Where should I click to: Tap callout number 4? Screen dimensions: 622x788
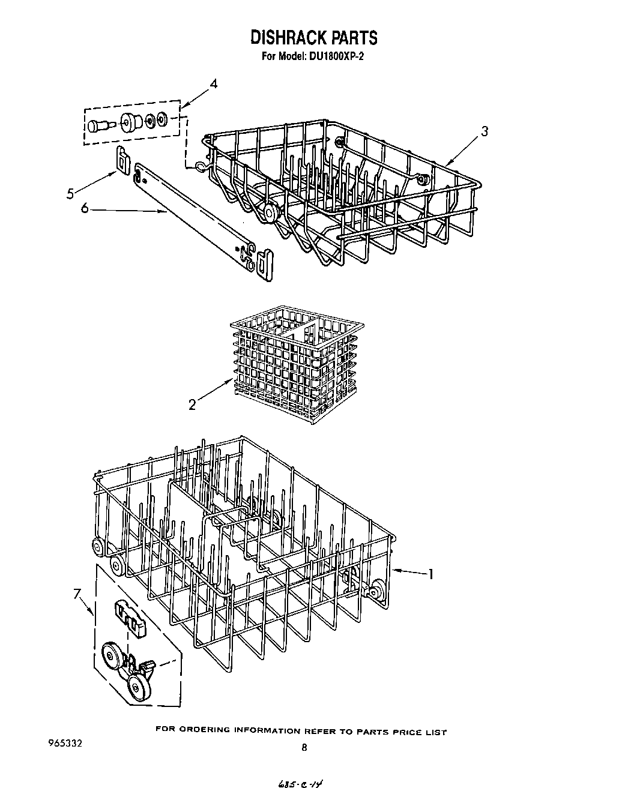pos(214,84)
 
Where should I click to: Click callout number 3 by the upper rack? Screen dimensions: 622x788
pos(485,132)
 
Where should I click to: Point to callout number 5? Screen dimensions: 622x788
pos(70,193)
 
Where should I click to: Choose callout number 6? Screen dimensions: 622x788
pos(85,208)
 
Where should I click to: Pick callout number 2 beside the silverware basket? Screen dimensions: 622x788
pos(192,405)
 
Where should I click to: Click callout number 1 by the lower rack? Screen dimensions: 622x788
pos(430,574)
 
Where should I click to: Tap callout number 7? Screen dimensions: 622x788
pos(77,594)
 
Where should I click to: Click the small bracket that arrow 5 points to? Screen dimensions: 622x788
pos(123,159)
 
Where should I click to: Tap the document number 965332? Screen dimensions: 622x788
pos(64,742)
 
